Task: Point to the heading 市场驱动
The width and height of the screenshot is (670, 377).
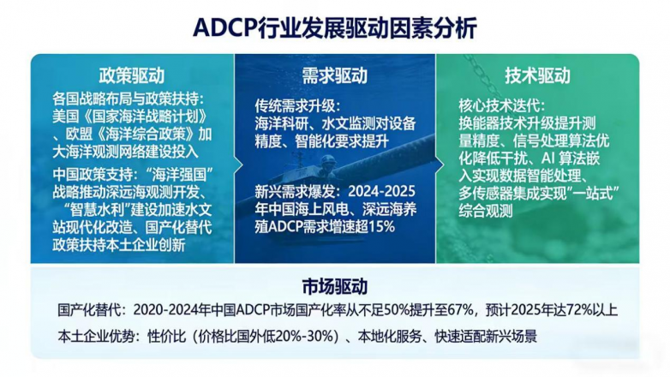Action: pyautogui.click(x=334, y=286)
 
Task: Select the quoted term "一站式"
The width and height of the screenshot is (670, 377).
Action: pyautogui.click(x=584, y=188)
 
